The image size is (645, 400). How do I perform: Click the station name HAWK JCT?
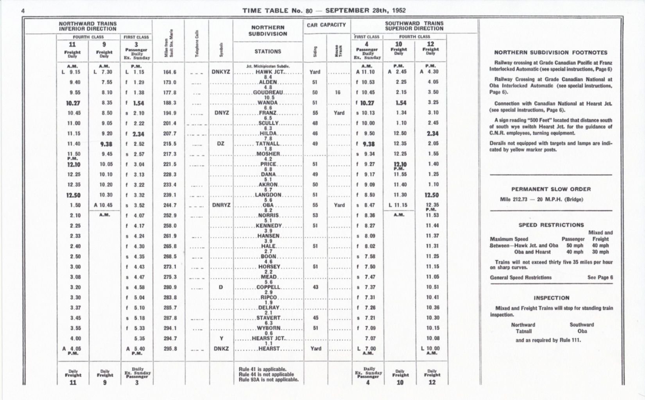point(270,72)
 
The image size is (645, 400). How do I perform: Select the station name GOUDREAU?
point(268,93)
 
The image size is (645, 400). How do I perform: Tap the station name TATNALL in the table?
point(268,144)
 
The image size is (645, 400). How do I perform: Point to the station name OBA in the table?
point(268,205)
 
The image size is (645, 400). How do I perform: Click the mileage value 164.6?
point(170,72)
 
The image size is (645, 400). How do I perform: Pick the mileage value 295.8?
point(170,349)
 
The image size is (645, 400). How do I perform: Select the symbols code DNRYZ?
point(221,205)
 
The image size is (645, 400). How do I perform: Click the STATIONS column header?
point(268,51)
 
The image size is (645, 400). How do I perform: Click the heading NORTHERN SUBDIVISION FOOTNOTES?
point(551,52)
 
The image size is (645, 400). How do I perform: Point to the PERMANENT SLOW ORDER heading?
point(551,189)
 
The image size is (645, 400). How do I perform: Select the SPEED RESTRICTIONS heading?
point(551,225)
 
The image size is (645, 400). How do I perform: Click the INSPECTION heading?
point(551,298)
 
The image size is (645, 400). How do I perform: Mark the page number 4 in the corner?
point(23,11)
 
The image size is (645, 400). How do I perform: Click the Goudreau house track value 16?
point(338,93)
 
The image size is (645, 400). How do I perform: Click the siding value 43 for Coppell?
point(315,287)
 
